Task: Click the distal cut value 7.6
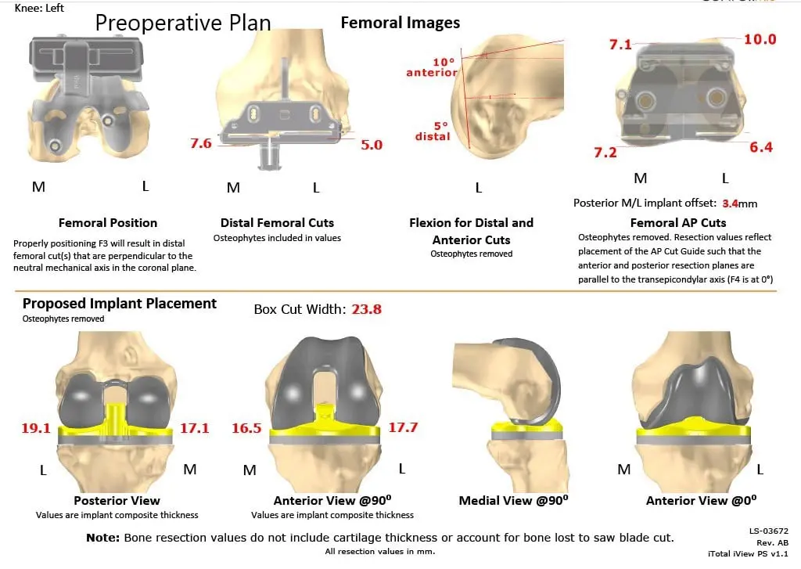[200, 143]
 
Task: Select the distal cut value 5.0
[372, 144]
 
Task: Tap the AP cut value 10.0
[760, 40]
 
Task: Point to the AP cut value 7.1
[620, 45]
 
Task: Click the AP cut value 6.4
[760, 146]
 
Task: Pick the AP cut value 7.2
[605, 152]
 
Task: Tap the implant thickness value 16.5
[246, 428]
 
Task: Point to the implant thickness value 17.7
[403, 427]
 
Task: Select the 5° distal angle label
[433, 131]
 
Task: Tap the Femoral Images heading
[400, 23]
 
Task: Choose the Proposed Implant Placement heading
[120, 304]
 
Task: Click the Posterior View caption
[117, 500]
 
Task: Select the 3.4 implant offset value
[731, 203]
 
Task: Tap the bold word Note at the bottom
[103, 538]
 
